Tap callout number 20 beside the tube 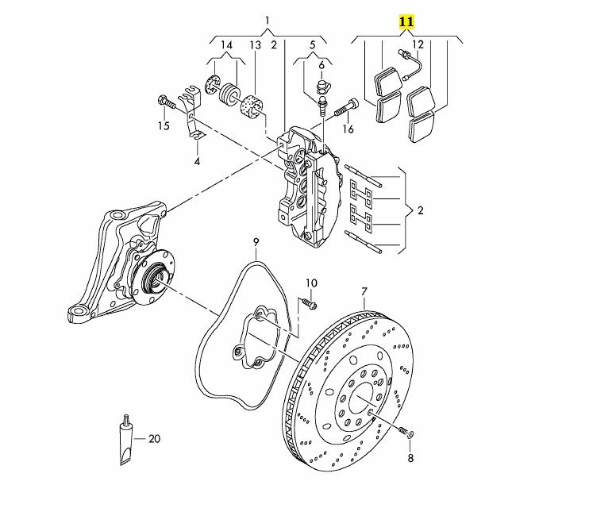[x=154, y=438]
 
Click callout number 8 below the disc [x=410, y=459]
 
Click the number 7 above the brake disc [x=364, y=291]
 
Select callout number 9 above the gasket [x=256, y=241]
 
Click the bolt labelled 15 [x=164, y=102]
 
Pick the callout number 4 [x=197, y=162]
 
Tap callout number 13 [x=255, y=45]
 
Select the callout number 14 [x=226, y=45]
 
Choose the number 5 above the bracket [x=313, y=45]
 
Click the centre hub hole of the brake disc [x=360, y=397]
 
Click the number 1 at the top [x=268, y=20]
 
